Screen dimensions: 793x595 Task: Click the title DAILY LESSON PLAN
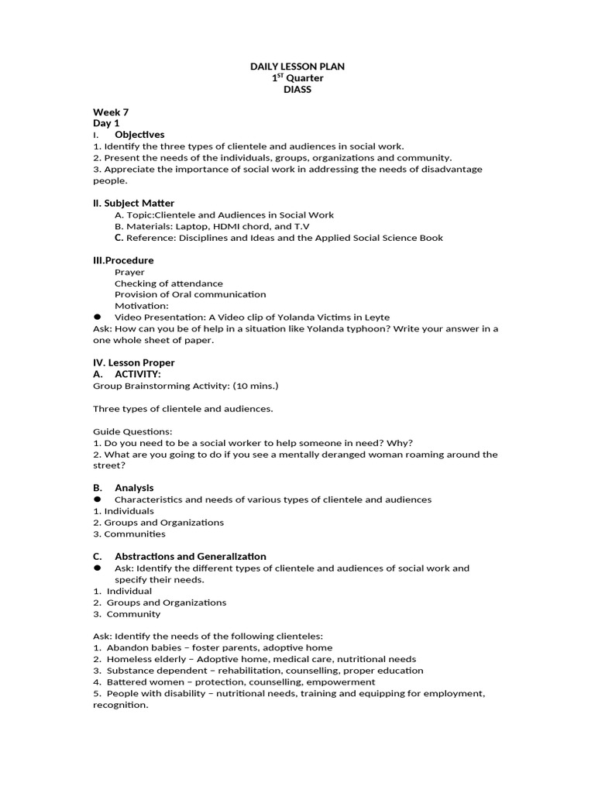tap(297, 67)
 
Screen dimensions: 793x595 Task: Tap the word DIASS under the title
tap(297, 90)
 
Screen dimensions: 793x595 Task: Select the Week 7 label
tap(111, 112)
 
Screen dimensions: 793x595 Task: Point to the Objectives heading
tap(139, 135)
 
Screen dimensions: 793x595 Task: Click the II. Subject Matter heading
tap(133, 203)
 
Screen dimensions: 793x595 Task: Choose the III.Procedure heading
tap(123, 260)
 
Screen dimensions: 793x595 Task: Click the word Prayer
tap(129, 272)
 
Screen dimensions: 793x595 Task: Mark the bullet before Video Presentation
tap(98, 317)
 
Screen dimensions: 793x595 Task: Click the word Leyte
tap(376, 318)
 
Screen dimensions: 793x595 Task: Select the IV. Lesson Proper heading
tap(133, 362)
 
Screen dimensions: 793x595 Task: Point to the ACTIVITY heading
tap(137, 374)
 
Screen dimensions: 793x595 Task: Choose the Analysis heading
tap(134, 488)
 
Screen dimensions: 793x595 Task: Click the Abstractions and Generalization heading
tap(190, 556)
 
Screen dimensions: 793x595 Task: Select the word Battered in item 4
tap(125, 682)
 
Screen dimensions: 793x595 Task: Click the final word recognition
tap(120, 705)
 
